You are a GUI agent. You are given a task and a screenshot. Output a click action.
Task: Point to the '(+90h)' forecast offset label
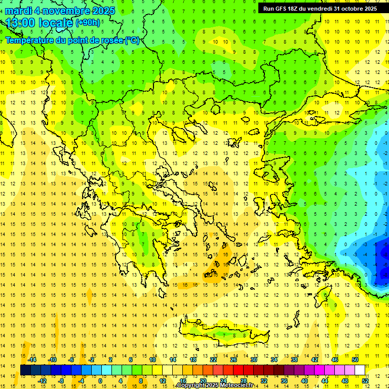coord(88,23)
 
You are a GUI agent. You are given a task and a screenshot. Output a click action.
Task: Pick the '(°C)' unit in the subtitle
coord(132,40)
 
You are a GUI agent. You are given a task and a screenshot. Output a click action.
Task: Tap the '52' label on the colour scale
coord(365,380)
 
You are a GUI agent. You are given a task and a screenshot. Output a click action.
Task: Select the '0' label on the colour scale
coord(100,380)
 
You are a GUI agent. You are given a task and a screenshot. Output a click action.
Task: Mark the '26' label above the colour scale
coord(234,360)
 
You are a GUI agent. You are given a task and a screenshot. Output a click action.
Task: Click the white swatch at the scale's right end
coord(360,370)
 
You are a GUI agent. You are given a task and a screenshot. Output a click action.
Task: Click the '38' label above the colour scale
coord(294,360)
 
